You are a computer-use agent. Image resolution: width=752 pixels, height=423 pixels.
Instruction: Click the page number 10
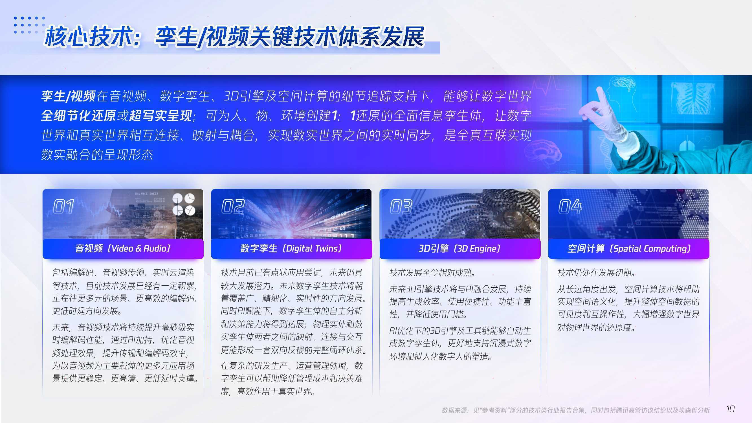pyautogui.click(x=730, y=409)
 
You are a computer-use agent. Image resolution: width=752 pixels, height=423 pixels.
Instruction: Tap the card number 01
pyautogui.click(x=63, y=207)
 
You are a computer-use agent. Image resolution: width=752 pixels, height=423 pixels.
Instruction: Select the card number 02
pyautogui.click(x=233, y=207)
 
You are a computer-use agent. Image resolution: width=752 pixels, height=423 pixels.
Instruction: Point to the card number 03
pyautogui.click(x=401, y=207)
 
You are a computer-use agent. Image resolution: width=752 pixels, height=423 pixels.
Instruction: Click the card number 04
pyautogui.click(x=570, y=207)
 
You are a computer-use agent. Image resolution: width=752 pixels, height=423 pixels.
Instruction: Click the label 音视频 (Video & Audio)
pyautogui.click(x=123, y=248)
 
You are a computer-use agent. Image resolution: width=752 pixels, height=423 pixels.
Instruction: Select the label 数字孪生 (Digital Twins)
pyautogui.click(x=291, y=248)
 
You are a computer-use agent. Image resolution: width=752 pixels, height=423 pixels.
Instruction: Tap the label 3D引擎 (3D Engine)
pyautogui.click(x=459, y=248)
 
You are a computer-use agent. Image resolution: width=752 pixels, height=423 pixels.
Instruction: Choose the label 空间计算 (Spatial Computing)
pyautogui.click(x=629, y=248)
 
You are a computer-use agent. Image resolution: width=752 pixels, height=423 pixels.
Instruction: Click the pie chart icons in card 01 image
pyautogui.click(x=184, y=204)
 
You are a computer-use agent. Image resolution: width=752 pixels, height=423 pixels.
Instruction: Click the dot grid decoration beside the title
pyautogui.click(x=30, y=25)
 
